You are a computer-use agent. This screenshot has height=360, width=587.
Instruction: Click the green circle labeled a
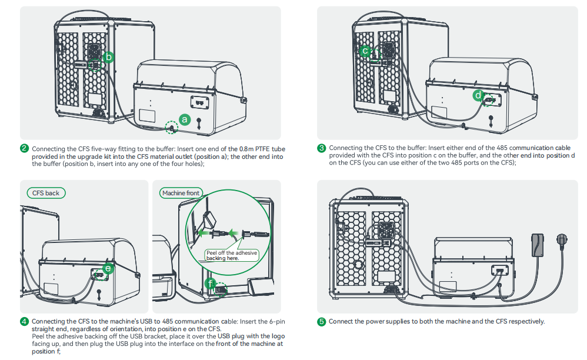pyautogui.click(x=185, y=119)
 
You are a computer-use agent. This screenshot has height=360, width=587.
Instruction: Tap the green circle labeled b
pyautogui.click(x=108, y=57)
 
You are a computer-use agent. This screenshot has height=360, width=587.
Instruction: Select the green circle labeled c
pyautogui.click(x=365, y=51)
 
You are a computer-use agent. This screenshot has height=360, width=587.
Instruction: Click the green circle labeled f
pyautogui.click(x=211, y=284)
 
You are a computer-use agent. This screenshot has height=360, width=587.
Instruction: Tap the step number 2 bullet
pyautogui.click(x=24, y=148)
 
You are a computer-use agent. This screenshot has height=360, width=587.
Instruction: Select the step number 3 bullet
pyautogui.click(x=321, y=148)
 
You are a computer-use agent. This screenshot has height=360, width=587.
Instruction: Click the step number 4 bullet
pyautogui.click(x=24, y=321)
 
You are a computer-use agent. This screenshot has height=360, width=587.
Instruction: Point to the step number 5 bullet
pyautogui.click(x=321, y=321)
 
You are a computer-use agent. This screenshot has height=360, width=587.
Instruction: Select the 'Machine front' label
pyautogui.click(x=180, y=193)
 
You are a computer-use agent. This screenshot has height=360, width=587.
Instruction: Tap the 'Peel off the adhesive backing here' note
pyautogui.click(x=231, y=255)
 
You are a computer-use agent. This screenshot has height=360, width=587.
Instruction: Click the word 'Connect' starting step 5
pyautogui.click(x=341, y=321)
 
